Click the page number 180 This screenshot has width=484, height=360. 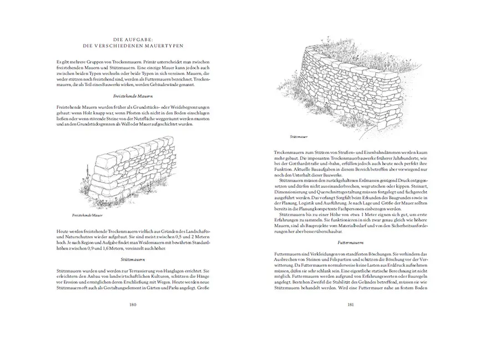(133, 304)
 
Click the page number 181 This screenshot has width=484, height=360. (351, 304)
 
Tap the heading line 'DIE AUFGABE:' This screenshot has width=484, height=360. (132, 39)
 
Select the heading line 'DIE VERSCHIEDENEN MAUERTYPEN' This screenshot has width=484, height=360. (132, 46)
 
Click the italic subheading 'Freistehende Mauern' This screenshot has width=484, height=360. (133, 96)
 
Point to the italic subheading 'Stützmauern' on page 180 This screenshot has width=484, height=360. (133, 259)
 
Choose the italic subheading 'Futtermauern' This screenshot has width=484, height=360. (351, 243)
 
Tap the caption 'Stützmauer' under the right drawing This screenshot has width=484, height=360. (299, 136)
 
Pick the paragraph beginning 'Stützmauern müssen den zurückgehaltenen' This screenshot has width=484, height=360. (351, 194)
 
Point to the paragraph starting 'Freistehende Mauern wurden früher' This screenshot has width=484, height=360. (133, 116)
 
